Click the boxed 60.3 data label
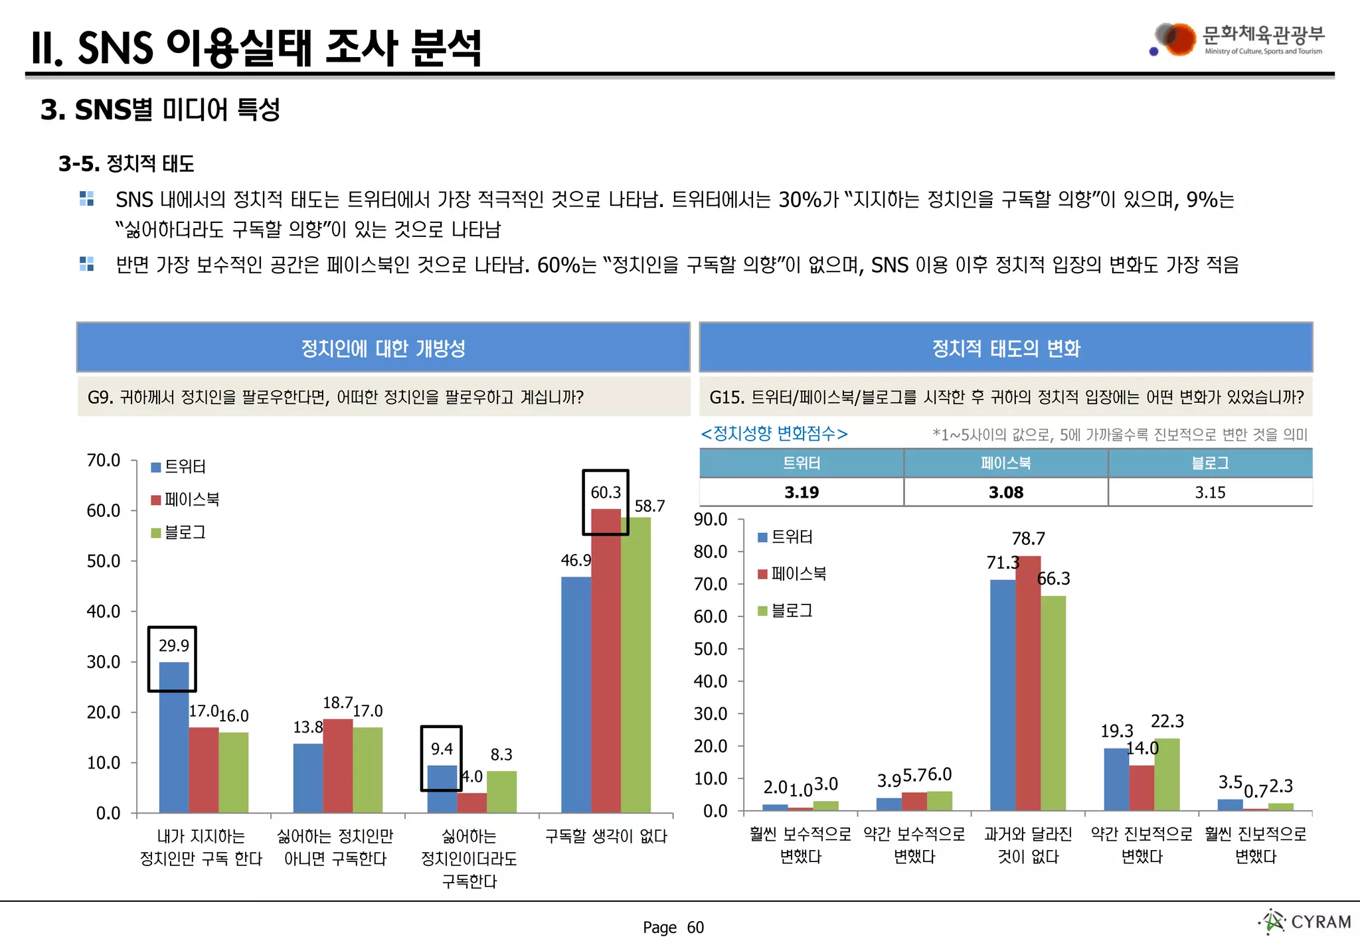coord(606,492)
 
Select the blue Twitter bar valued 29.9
coord(174,737)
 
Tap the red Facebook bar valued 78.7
coord(1028,684)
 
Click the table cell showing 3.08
coord(1005,492)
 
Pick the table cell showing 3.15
coord(1210,492)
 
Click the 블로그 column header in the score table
coord(1210,463)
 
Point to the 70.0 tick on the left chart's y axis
coord(104,461)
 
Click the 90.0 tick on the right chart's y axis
coord(711,520)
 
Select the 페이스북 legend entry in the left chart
coord(185,499)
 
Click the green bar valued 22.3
coord(1167,774)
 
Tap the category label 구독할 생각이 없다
coord(606,836)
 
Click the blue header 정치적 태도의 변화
coord(1005,348)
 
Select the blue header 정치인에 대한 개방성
coord(383,348)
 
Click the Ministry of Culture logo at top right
coord(1238,40)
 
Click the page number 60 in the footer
coord(695,927)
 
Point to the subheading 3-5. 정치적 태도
coord(126,164)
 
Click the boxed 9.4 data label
coord(442,749)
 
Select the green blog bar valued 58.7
coord(636,664)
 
